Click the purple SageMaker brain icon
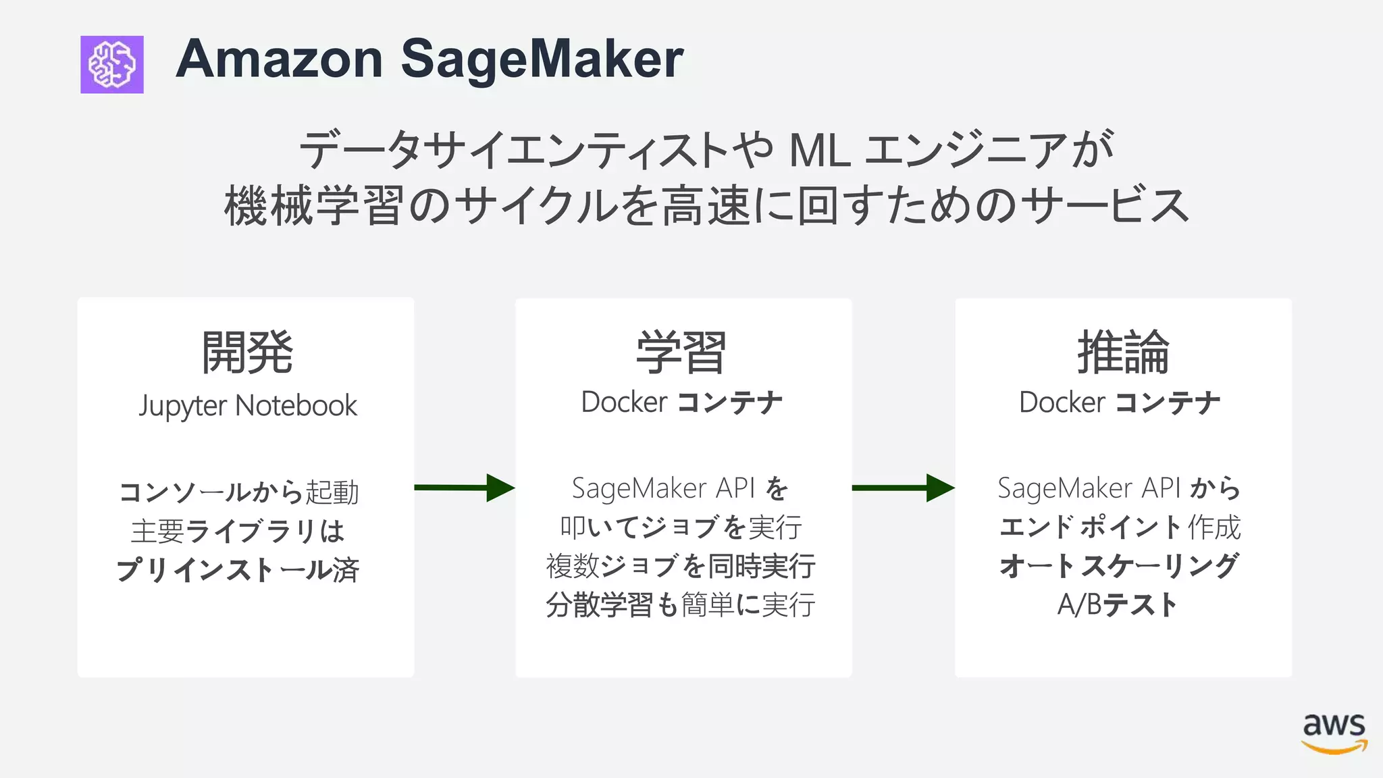coord(112,64)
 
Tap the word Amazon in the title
coord(280,59)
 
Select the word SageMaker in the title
coord(542,59)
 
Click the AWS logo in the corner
coord(1334,732)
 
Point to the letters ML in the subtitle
coord(819,150)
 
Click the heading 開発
coord(247,352)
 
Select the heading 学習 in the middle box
coord(681,352)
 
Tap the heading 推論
coord(1122,352)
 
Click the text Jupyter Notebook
coord(248,406)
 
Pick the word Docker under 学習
coord(624,403)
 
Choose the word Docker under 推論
coord(1062,403)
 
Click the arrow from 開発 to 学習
coord(464,488)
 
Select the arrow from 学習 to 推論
coord(903,488)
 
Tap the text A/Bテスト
coord(1118,604)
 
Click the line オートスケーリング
coord(1119,566)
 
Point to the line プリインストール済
coord(238,569)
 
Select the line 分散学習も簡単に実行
coord(681,604)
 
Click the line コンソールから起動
coord(239,492)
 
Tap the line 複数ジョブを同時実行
coord(681,566)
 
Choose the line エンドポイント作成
coord(1120,527)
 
